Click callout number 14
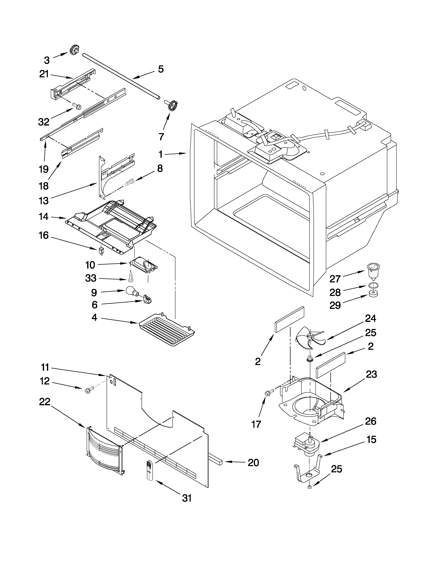(44, 217)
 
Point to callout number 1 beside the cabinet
(161, 154)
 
